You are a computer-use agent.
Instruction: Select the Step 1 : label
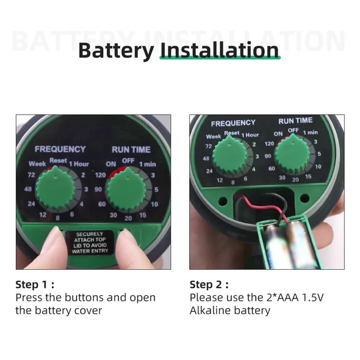point(35,284)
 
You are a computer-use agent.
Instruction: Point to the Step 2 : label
point(209,284)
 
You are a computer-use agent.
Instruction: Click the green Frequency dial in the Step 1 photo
point(56,189)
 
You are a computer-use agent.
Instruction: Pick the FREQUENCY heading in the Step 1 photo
point(60,149)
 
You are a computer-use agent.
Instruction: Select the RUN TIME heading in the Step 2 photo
point(295,121)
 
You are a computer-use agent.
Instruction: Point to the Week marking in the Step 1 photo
point(37,164)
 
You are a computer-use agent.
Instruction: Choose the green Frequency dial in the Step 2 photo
point(230,155)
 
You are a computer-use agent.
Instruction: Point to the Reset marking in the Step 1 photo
point(58,160)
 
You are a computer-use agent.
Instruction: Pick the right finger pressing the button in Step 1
point(131,250)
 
